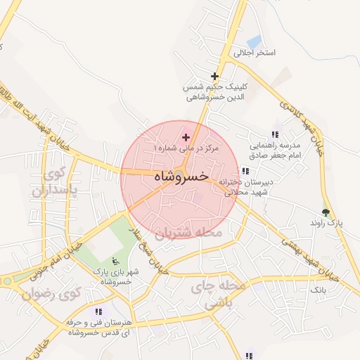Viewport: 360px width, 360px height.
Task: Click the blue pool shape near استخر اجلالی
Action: coord(254,41)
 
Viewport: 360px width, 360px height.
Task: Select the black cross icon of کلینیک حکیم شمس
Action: coord(214,76)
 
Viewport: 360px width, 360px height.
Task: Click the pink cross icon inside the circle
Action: coord(186,137)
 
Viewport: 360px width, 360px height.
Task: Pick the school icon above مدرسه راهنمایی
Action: coord(275,134)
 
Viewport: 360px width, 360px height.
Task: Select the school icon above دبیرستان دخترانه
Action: coord(245,171)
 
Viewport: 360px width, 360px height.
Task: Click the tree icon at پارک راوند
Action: coord(325,211)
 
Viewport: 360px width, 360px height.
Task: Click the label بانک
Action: coord(318,289)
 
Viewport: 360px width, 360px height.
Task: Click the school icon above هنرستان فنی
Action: coord(98,311)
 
